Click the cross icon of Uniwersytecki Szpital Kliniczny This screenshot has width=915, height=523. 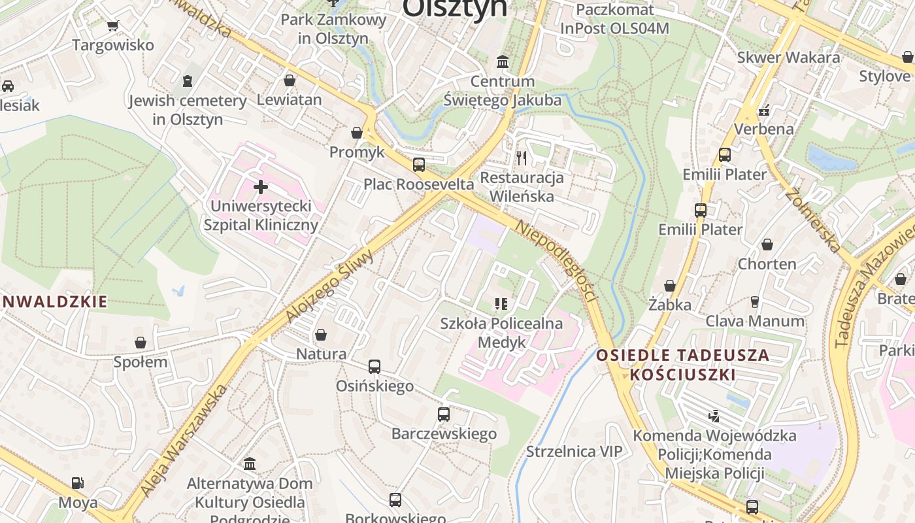pyautogui.click(x=261, y=188)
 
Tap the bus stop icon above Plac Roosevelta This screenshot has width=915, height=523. pyautogui.click(x=419, y=165)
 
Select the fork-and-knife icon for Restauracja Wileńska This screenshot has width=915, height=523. pyautogui.click(x=521, y=158)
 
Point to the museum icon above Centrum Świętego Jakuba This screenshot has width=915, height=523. pyautogui.click(x=503, y=62)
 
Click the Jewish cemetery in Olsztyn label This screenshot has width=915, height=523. pyautogui.click(x=188, y=110)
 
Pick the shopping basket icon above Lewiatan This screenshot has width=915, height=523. pyautogui.click(x=290, y=80)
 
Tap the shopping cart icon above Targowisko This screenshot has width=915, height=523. pyautogui.click(x=113, y=25)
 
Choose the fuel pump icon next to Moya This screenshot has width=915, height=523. pyautogui.click(x=78, y=483)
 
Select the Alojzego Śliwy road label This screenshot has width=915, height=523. pyautogui.click(x=330, y=286)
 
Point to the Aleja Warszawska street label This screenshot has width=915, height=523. pyautogui.click(x=184, y=440)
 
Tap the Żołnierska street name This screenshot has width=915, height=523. pyautogui.click(x=813, y=220)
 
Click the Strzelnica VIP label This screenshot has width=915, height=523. pyautogui.click(x=574, y=451)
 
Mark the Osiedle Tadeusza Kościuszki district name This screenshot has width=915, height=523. pyautogui.click(x=683, y=365)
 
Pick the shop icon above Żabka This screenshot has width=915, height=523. pyautogui.click(x=670, y=286)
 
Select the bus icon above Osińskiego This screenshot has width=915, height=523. pyautogui.click(x=374, y=367)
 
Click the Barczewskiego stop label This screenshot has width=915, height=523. pyautogui.click(x=444, y=433)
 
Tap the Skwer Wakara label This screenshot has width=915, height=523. pyautogui.click(x=788, y=57)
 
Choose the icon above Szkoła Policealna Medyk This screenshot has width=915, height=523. pyautogui.click(x=501, y=303)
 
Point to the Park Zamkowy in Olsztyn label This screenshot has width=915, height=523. pyautogui.click(x=333, y=28)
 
